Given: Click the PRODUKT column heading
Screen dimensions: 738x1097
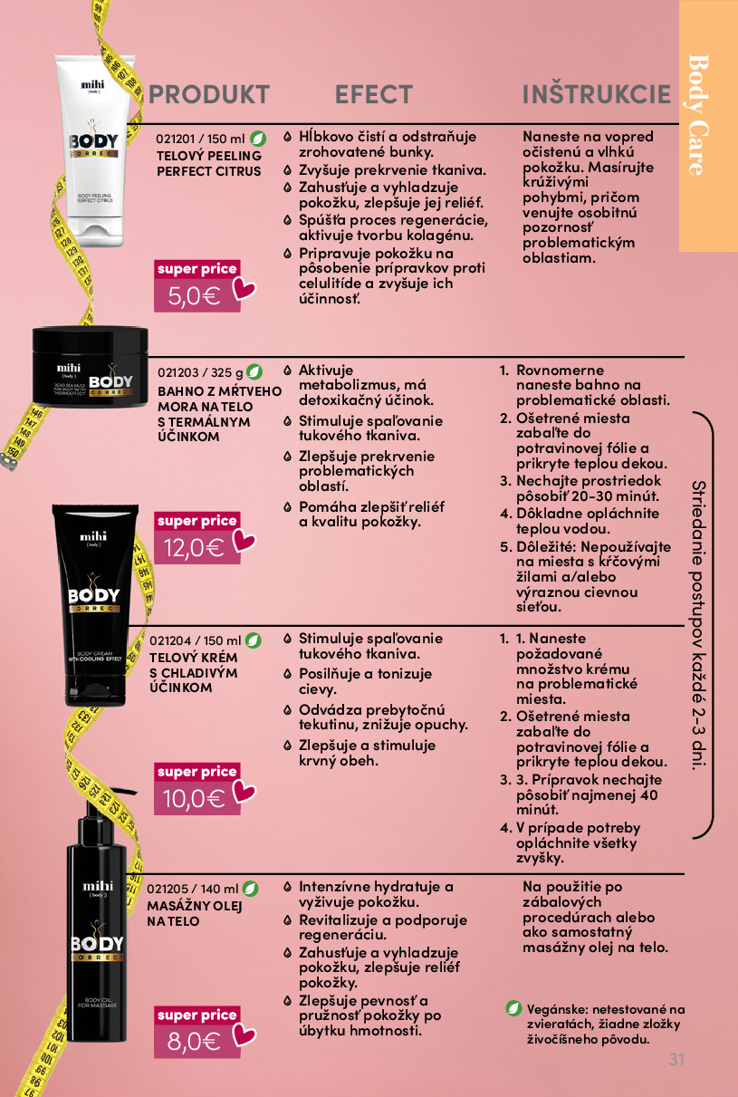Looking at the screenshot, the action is point(209,94).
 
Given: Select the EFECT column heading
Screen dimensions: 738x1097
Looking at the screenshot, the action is point(374,94).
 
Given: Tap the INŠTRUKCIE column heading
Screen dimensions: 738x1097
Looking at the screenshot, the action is point(597,93).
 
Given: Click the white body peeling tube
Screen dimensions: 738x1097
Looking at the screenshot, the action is point(94,150).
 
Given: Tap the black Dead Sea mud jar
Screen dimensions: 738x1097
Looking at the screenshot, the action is point(90,366).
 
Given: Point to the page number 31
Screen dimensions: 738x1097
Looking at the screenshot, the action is point(676,1059).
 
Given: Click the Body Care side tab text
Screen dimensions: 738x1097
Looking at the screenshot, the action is point(699,115).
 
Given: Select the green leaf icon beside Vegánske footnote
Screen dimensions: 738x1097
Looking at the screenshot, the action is point(513,1009).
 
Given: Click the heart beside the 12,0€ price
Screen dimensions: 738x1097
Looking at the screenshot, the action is point(244,541).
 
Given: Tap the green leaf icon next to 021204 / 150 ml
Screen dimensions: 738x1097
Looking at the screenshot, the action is point(253,640).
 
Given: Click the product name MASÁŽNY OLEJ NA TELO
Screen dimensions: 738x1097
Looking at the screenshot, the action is point(195,914).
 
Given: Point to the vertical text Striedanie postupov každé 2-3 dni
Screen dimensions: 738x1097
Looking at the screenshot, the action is point(699,625).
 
